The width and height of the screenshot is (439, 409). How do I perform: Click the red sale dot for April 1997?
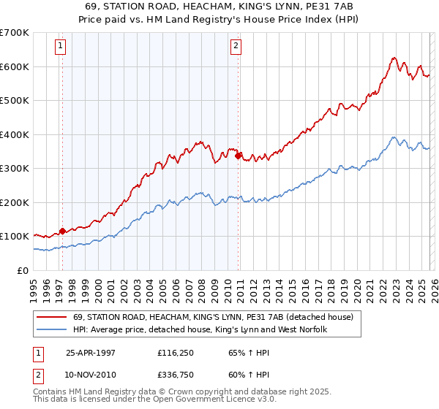63,231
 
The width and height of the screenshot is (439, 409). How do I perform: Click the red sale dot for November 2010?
239,156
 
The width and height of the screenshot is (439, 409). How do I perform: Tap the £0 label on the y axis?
22,270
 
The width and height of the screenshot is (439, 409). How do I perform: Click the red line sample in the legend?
53,317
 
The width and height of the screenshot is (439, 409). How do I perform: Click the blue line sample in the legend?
53,330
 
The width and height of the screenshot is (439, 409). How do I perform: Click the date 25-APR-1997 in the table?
91,352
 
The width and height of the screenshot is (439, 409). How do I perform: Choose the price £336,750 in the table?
177,375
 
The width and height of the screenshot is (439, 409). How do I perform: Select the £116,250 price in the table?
177,352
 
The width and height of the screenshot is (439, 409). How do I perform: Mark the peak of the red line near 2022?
394,58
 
